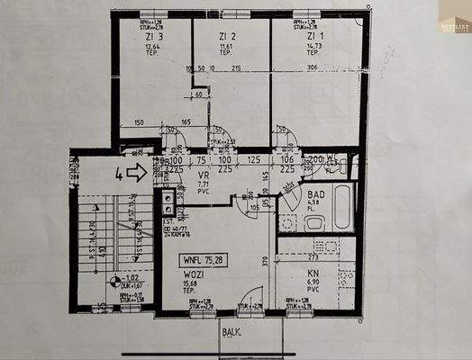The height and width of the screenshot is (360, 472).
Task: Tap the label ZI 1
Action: click(310, 36)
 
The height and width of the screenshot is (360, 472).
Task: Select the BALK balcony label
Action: click(231, 332)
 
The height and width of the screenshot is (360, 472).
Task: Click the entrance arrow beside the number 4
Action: click(136, 171)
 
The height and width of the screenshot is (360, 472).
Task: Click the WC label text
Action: click(331, 160)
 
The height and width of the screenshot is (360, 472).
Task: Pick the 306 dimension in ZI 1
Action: click(312, 68)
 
